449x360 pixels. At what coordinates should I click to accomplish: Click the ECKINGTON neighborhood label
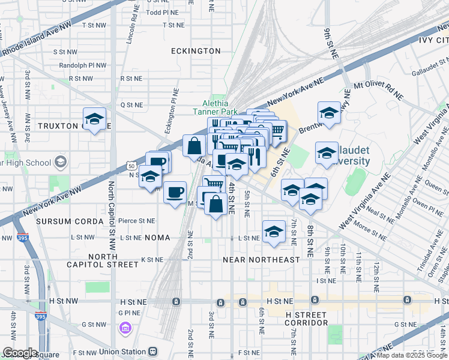[x=196, y=51]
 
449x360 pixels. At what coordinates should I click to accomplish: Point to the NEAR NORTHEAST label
[x=261, y=260]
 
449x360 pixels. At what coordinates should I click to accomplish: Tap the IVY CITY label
[x=433, y=40]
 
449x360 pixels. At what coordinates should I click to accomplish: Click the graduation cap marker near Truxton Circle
[x=94, y=119]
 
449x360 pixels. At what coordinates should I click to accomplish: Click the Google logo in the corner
[x=20, y=353]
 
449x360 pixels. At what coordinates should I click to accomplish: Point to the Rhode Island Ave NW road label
[x=36, y=40]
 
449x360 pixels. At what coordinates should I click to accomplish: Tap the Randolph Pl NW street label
[x=83, y=65]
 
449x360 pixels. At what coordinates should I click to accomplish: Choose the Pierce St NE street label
[x=137, y=221]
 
